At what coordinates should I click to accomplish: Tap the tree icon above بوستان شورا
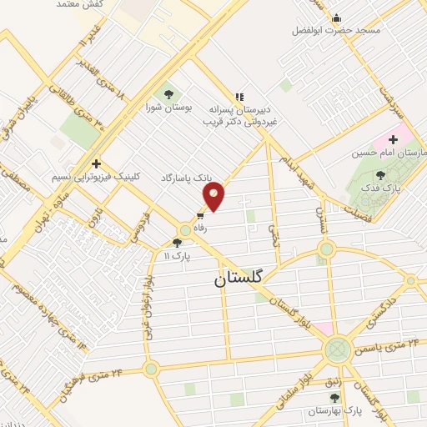coord(168,94)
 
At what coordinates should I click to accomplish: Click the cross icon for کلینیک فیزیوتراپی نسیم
coord(97,163)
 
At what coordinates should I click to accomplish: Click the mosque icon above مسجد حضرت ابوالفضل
coord(336,18)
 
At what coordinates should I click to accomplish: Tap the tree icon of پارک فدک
coord(381,175)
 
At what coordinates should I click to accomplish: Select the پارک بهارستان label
coord(332,411)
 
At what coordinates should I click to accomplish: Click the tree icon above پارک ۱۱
coord(177,243)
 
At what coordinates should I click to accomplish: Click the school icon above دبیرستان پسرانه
coord(239,97)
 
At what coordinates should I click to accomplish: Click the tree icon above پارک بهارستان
coord(334,398)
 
